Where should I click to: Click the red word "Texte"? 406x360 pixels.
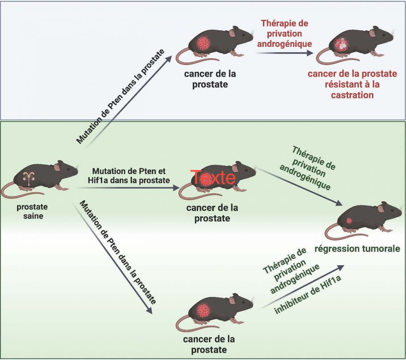click(213, 177)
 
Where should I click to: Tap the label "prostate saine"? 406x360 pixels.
click(32, 211)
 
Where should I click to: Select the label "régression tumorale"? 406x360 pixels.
click(357, 249)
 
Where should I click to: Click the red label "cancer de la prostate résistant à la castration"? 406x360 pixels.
click(352, 84)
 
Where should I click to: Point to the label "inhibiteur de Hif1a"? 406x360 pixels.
click(308, 295)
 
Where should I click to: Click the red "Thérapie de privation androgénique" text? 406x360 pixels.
click(284, 33)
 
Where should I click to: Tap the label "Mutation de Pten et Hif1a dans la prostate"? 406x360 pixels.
click(129, 175)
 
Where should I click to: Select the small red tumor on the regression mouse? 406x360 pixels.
click(349, 221)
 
